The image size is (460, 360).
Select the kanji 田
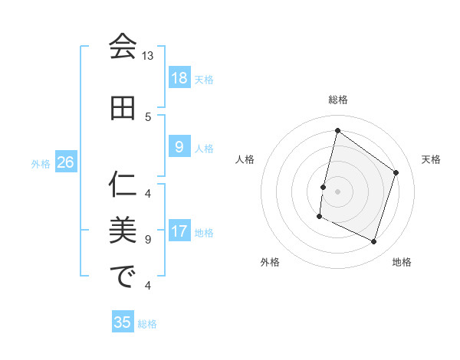[x=123, y=108]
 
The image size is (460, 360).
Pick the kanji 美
[x=123, y=230]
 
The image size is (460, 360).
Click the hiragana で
[x=123, y=277]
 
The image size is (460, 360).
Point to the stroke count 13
[x=147, y=56]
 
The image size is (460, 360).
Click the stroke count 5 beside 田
[x=148, y=116]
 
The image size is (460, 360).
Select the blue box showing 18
[x=179, y=78]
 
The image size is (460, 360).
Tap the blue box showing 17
[x=179, y=231]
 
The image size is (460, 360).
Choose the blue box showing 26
[x=66, y=162]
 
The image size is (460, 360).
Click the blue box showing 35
[x=123, y=322]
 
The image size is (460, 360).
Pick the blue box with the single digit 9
[x=179, y=147]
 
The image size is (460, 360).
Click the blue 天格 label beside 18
[x=204, y=79]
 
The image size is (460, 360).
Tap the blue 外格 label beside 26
[x=41, y=163]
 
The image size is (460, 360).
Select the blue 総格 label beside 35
[x=147, y=324]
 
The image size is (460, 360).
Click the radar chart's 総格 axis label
[x=337, y=100]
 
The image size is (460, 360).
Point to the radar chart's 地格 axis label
[x=402, y=262]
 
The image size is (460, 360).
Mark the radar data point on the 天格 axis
[x=396, y=172]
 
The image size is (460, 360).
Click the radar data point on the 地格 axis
[x=374, y=242]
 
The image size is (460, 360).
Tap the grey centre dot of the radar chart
[x=337, y=191]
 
